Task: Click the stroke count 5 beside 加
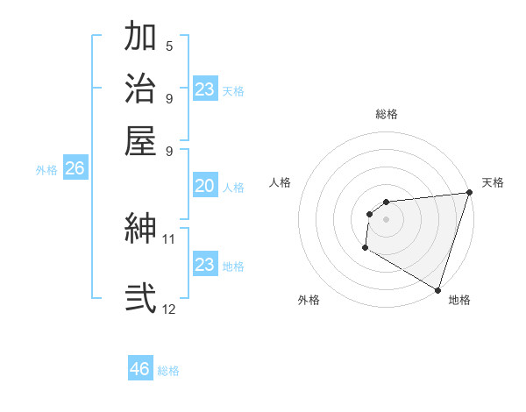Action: coord(169,46)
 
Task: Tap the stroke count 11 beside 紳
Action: coord(169,238)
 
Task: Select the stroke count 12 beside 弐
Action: coord(169,309)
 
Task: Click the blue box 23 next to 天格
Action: coord(205,89)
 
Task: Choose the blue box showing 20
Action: coord(205,186)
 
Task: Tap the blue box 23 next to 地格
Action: coord(205,264)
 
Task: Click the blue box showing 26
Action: coord(75,168)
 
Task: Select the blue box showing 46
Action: coord(140,369)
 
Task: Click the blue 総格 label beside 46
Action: coord(168,371)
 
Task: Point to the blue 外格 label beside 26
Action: coord(46,170)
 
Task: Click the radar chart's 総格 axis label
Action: coord(386,114)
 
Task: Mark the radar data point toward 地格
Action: coord(437,290)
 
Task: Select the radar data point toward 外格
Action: coord(365,249)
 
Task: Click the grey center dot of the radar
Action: coord(386,219)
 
